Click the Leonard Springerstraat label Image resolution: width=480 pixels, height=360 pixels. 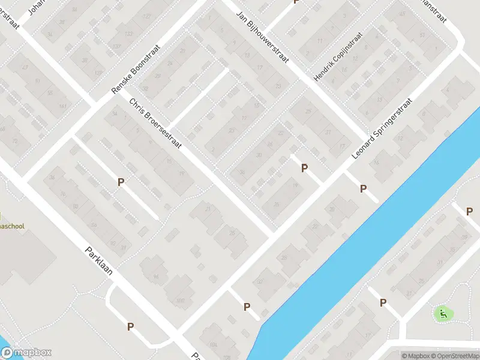(382, 130)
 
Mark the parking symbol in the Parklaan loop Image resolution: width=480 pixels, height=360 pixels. (130, 327)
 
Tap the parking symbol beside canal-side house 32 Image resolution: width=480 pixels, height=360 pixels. (247, 307)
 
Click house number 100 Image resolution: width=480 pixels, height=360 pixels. (179, 301)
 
